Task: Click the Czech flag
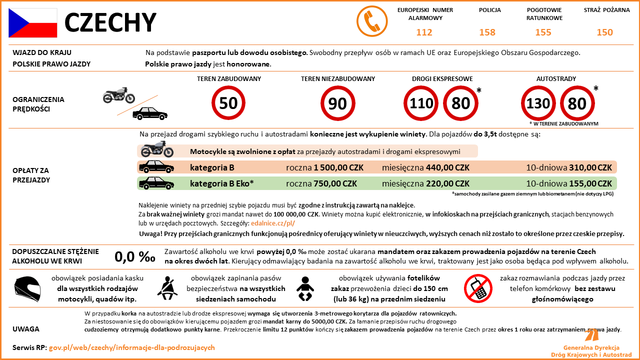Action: [x=32, y=22]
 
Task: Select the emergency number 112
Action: [x=424, y=32]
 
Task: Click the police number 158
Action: [x=487, y=32]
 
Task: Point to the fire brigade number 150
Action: [x=604, y=32]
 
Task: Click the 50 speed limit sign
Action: [x=228, y=103]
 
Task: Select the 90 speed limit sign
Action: [x=337, y=103]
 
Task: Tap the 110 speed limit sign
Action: [x=421, y=103]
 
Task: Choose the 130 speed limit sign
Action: [x=538, y=103]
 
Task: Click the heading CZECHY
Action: [x=110, y=22]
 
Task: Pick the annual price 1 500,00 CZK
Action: [x=335, y=167]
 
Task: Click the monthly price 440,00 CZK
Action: [x=447, y=167]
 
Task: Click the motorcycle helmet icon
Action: [x=28, y=289]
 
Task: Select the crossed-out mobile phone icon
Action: [x=478, y=289]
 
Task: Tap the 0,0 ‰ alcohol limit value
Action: [x=135, y=257]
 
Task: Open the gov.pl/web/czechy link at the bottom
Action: [x=132, y=347]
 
